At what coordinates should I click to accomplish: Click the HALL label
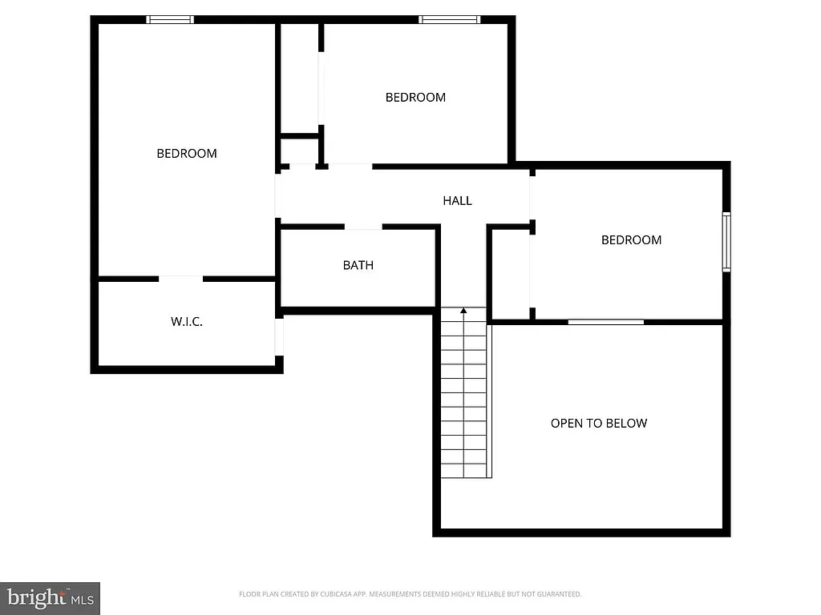(457, 201)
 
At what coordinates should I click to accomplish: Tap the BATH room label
(358, 265)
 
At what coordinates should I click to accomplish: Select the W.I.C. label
(187, 322)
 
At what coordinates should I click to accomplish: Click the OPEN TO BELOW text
(599, 423)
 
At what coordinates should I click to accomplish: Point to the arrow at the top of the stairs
(463, 311)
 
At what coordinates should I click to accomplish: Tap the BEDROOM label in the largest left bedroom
(187, 153)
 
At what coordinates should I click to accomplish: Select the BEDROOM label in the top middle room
(415, 98)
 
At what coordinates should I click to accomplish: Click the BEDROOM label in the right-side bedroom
(632, 239)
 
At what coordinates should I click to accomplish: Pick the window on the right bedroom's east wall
(726, 241)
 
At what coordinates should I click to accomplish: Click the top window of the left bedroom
(170, 19)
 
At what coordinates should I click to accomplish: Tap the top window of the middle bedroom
(450, 19)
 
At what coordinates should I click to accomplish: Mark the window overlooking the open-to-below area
(606, 322)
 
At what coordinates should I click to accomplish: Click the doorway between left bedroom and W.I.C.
(181, 279)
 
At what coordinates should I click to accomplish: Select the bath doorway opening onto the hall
(363, 227)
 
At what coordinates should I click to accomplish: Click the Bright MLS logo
(50, 597)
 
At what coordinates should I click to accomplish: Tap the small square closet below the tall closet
(300, 151)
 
